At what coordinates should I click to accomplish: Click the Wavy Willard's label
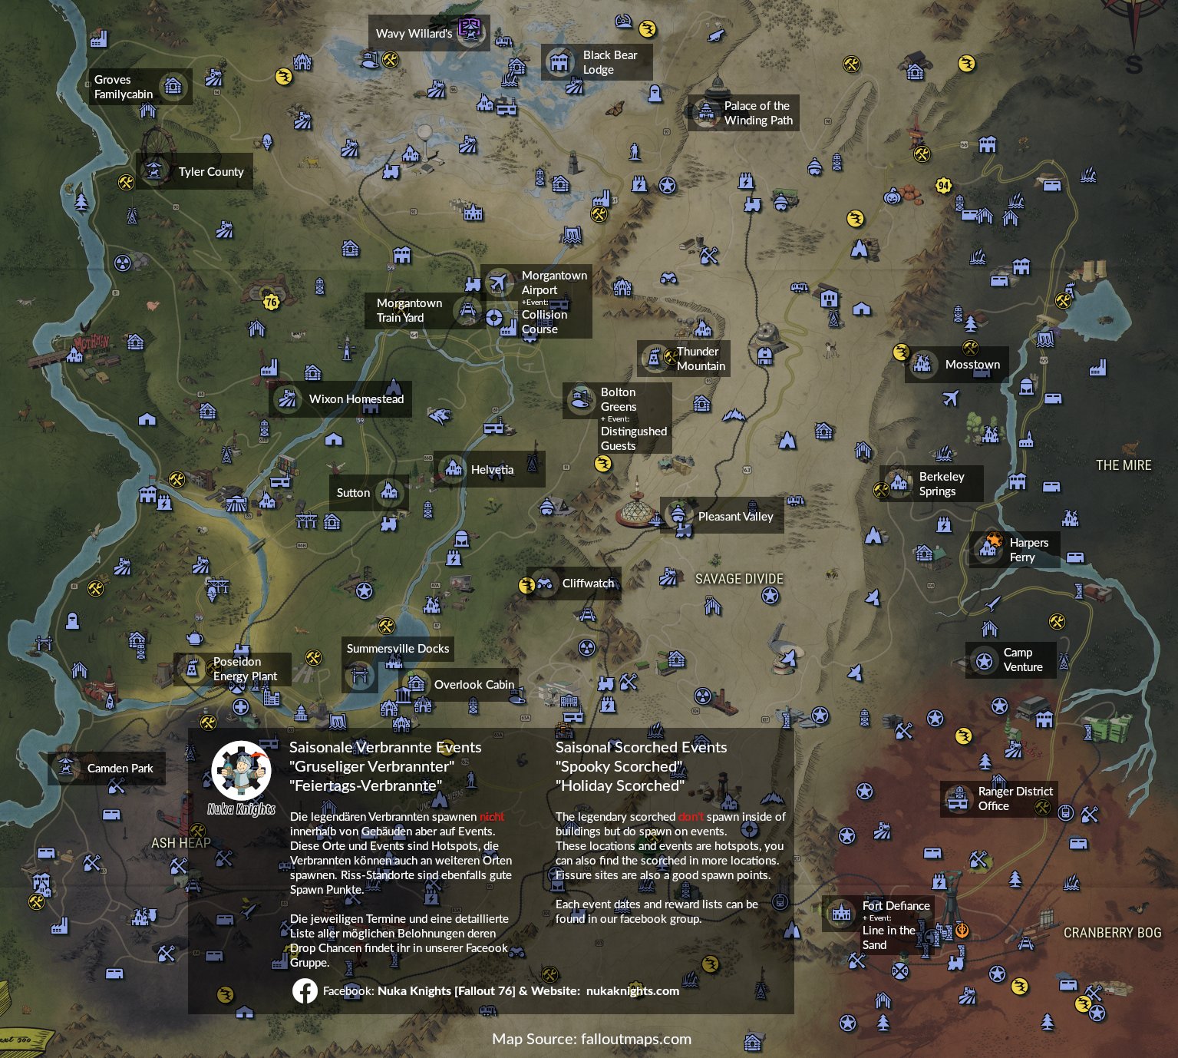point(414,34)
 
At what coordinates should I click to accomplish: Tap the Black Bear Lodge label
point(609,62)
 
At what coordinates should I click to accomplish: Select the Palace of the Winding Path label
point(757,113)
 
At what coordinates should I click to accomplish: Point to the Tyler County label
point(210,172)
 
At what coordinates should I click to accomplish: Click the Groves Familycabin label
point(124,87)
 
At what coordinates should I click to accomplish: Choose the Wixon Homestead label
point(356,399)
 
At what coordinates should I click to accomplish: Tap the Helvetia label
point(492,470)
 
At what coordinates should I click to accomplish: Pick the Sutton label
point(353,493)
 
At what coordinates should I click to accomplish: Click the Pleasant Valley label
point(735,517)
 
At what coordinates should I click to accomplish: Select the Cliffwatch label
point(588,584)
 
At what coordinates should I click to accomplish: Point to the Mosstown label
point(972,365)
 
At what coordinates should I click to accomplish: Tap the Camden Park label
point(120,769)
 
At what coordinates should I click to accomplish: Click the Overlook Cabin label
point(474,685)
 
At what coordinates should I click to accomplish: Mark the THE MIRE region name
point(1124,465)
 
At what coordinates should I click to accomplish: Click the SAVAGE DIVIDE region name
point(739,579)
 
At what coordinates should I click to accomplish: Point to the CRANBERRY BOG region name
point(1112,933)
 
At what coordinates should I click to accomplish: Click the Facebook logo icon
point(305,991)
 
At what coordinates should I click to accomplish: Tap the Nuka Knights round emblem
point(242,771)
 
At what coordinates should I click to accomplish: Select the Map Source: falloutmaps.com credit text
point(592,1040)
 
